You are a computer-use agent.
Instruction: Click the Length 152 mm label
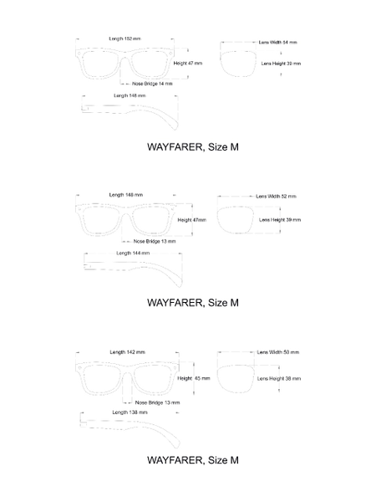(x=124, y=38)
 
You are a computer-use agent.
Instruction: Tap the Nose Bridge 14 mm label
(x=152, y=84)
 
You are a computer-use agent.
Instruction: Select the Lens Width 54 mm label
(x=277, y=43)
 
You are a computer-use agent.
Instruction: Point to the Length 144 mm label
(x=133, y=253)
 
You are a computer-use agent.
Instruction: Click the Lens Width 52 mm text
(x=276, y=197)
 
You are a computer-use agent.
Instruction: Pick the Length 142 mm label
(x=127, y=352)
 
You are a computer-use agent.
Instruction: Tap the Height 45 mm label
(x=194, y=378)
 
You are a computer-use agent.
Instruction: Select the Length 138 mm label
(x=130, y=412)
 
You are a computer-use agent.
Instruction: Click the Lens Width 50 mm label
(x=278, y=352)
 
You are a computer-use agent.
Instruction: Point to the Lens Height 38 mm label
(x=279, y=378)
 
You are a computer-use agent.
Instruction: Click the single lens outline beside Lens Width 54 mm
(x=220, y=61)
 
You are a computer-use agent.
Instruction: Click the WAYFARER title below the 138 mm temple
(x=193, y=460)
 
